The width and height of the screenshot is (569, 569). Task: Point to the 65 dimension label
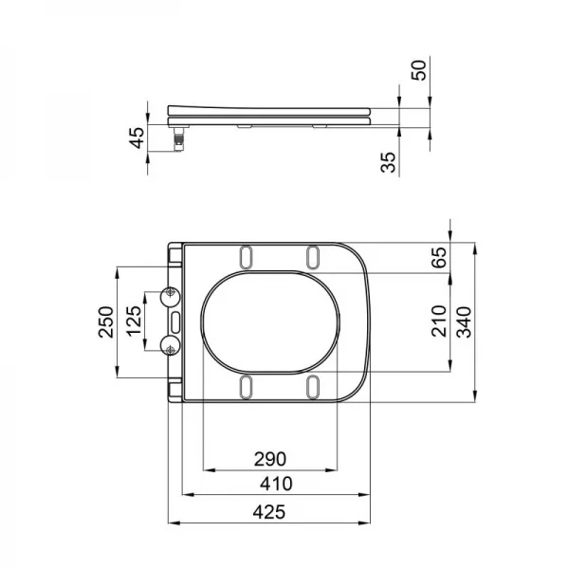point(438,259)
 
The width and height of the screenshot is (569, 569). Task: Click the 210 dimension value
point(438,321)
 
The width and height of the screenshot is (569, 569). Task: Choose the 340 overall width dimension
point(464,321)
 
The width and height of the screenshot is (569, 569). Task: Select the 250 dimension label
point(107,322)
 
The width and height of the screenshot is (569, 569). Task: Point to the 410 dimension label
point(277,484)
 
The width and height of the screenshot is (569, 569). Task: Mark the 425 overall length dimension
point(270,511)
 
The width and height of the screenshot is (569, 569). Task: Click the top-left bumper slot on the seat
point(247,256)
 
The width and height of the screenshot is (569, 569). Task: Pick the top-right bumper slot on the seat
point(313,256)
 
